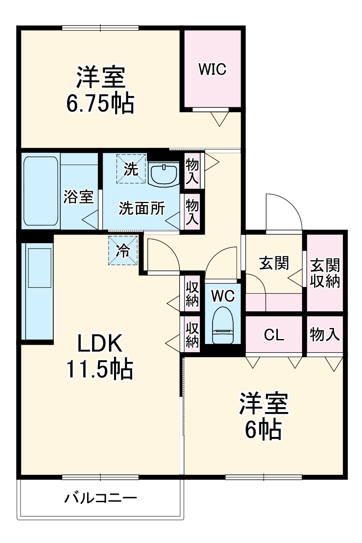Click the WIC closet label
[212, 69]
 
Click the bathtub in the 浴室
[40, 191]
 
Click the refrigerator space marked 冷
[123, 251]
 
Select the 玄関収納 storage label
[325, 273]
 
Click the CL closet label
[274, 335]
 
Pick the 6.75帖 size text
[100, 104]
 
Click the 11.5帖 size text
[99, 369]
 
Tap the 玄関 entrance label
[274, 263]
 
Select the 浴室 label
[78, 197]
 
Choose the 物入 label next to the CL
[325, 334]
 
